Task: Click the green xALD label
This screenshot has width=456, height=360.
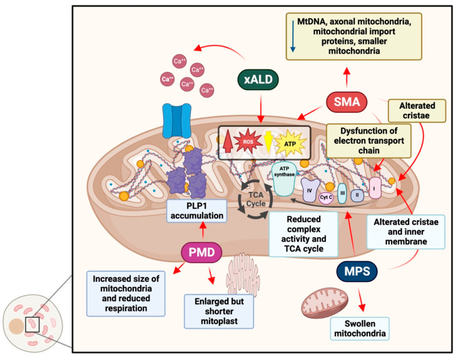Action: click(259, 80)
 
